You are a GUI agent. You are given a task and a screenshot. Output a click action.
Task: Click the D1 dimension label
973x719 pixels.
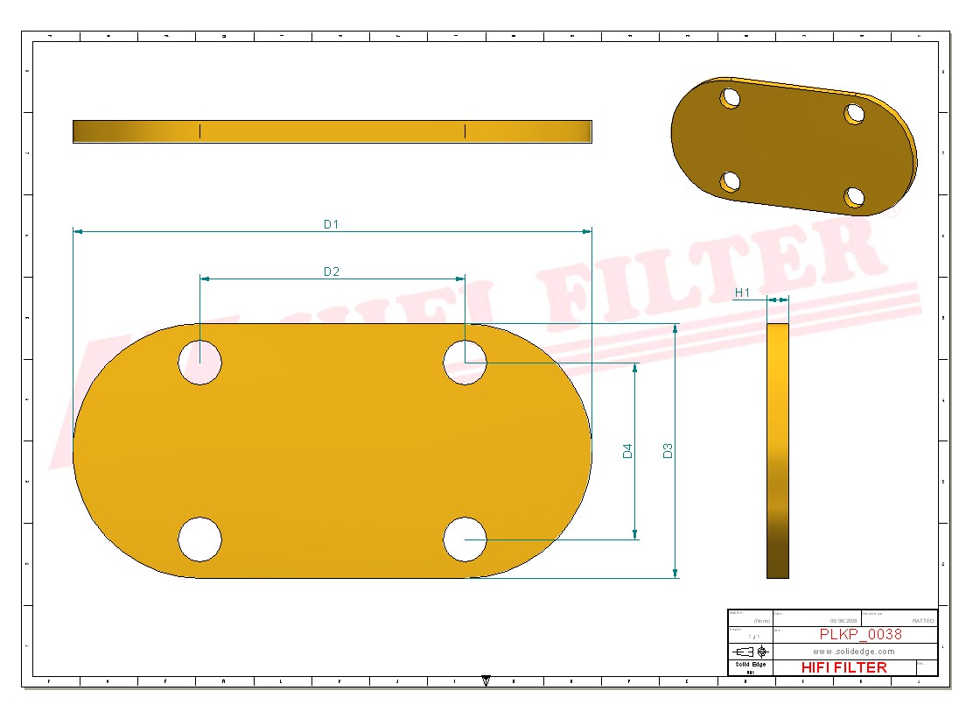tap(331, 224)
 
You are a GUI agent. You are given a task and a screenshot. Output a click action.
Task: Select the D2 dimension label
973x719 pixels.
tap(331, 271)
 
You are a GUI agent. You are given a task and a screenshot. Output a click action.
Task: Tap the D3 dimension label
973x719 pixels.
tap(668, 451)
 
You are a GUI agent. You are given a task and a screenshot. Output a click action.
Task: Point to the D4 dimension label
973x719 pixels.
tap(627, 451)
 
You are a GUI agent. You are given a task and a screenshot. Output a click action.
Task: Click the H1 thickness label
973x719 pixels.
tap(742, 293)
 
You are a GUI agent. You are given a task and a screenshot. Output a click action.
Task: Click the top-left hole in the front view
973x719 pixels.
tap(200, 363)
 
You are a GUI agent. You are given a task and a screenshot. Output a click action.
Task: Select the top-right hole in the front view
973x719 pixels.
tap(465, 363)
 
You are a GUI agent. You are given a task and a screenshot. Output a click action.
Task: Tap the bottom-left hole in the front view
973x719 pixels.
tap(200, 539)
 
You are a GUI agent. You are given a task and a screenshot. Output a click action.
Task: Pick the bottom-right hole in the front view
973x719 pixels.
tap(465, 539)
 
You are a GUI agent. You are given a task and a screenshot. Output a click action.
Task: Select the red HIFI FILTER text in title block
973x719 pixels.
tap(843, 667)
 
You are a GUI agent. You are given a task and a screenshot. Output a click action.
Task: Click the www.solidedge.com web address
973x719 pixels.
tap(853, 652)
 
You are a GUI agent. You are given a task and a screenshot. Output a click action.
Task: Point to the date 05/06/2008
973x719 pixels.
tap(843, 620)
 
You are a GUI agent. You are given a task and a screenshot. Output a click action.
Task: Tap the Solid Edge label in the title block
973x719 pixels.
tap(750, 665)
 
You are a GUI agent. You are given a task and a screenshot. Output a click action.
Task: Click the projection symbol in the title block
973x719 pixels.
tap(751, 652)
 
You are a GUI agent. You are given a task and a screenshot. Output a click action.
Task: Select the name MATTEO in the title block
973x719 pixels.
tap(922, 620)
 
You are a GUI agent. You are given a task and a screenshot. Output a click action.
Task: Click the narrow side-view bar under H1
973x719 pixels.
tap(777, 451)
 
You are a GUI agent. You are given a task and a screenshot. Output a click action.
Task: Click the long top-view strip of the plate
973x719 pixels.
tap(332, 131)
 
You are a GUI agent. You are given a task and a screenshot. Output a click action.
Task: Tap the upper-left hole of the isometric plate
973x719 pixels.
tap(730, 97)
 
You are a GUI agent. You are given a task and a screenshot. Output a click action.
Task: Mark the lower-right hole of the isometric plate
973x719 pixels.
tap(855, 197)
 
